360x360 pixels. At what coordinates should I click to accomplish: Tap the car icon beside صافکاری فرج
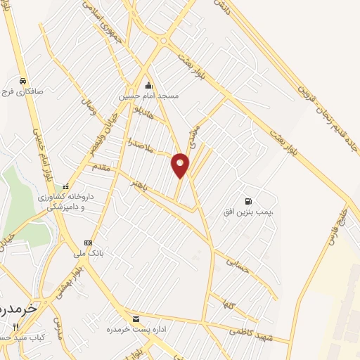(24, 80)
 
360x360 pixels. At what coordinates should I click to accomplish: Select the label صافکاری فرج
(24, 91)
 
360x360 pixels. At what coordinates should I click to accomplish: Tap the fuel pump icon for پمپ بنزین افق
(247, 192)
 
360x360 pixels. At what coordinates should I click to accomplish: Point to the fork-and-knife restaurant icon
(16, 328)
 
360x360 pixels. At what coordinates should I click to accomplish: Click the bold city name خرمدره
(13, 311)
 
